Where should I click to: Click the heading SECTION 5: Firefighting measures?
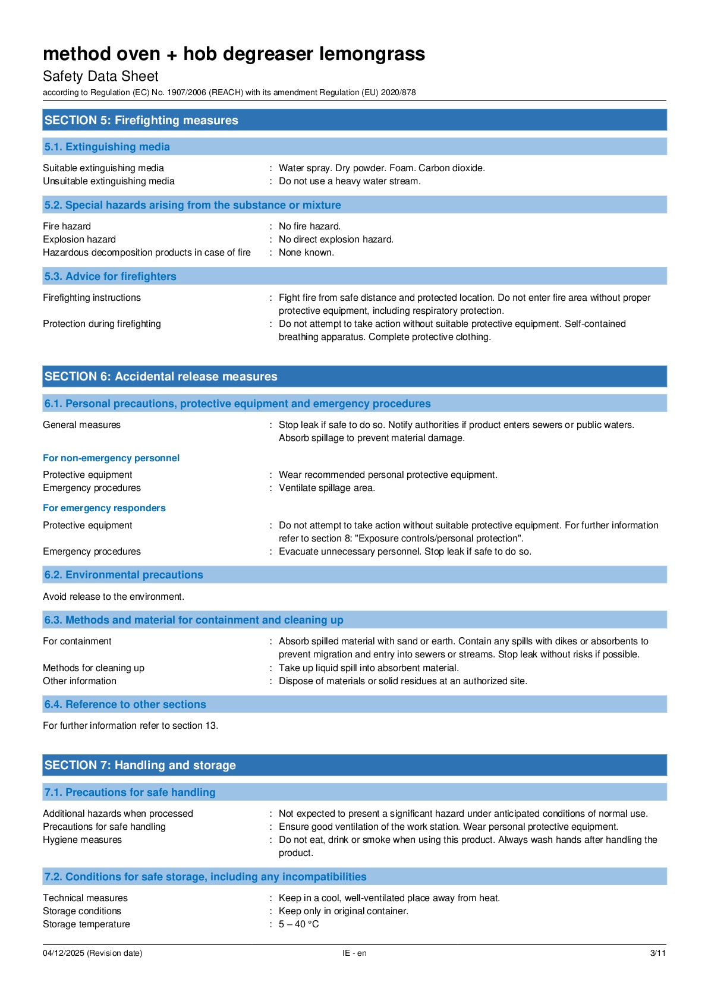[x=141, y=120]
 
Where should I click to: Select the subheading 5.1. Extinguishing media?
[x=107, y=147]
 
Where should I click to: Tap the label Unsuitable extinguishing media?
[x=109, y=181]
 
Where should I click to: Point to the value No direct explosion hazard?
[x=336, y=240]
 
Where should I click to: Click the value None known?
[x=306, y=253]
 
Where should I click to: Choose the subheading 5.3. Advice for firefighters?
[x=110, y=276]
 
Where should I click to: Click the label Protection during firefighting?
[x=102, y=324]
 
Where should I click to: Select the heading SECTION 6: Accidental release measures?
[x=161, y=376]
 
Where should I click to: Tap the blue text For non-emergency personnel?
[x=111, y=458]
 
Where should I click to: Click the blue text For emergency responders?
[x=104, y=508]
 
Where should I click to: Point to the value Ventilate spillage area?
[x=326, y=488]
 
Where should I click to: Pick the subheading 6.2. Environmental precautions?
[x=124, y=575]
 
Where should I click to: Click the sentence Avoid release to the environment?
[x=114, y=597]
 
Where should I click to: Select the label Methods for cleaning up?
[x=93, y=668]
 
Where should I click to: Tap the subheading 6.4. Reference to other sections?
[x=125, y=704]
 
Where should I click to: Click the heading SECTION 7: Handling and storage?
[x=140, y=765]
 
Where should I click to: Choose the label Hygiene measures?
[x=82, y=840]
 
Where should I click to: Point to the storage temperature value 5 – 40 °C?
[x=298, y=924]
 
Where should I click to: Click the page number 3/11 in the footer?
[x=657, y=953]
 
